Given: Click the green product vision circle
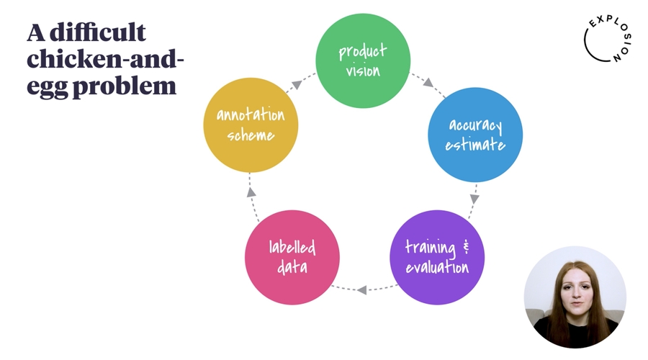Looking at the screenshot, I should click(x=364, y=60).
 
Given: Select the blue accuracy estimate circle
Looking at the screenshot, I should click(x=475, y=135).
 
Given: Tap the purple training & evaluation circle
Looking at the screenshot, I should click(x=437, y=257).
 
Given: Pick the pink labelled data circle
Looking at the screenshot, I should click(x=292, y=257).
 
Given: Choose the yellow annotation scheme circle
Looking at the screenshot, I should click(x=251, y=125).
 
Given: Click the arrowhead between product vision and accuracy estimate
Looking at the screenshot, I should click(x=428, y=83).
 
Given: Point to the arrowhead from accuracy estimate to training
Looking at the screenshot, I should click(x=474, y=197).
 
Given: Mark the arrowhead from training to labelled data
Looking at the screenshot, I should click(x=361, y=290).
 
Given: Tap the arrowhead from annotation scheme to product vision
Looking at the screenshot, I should click(x=297, y=85).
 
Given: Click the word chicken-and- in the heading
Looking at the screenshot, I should click(x=106, y=60).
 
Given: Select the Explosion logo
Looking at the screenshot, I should click(x=606, y=40).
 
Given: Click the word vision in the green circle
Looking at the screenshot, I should click(x=364, y=71).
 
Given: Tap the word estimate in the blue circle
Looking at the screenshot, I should click(x=475, y=145).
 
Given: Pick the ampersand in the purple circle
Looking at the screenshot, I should click(x=466, y=247).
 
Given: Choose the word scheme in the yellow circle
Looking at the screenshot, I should click(x=251, y=135).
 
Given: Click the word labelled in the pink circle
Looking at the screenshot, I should click(x=292, y=248).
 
